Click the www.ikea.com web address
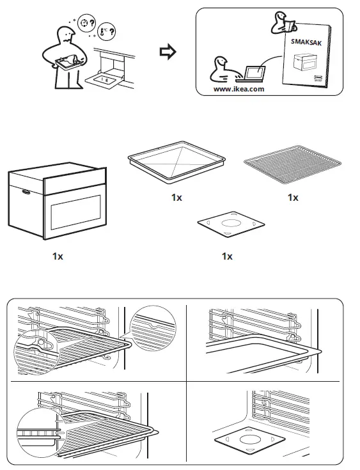click(x=239, y=89)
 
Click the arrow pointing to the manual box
click(x=166, y=52)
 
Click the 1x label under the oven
click(x=58, y=256)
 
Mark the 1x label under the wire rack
click(x=292, y=198)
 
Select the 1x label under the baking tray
click(x=176, y=198)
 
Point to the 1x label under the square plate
click(x=226, y=256)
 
